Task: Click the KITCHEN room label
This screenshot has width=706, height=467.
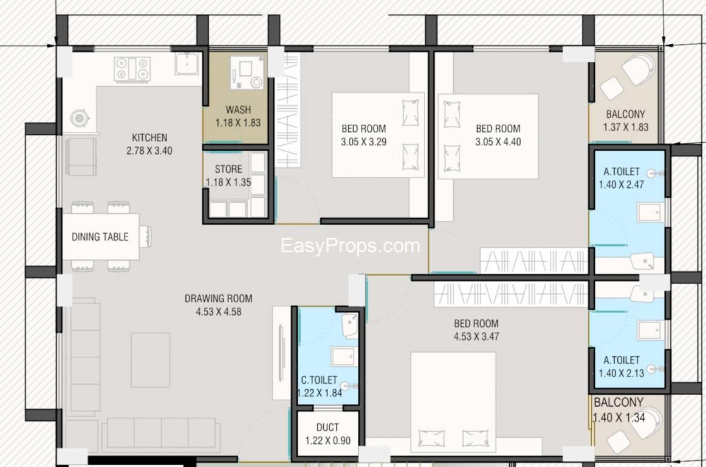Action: point(149,137)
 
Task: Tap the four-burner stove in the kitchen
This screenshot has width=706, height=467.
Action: point(132,69)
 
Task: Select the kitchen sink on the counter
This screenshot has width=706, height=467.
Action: point(187,64)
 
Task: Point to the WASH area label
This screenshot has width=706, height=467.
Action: point(238,109)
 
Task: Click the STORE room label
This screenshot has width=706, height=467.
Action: point(228,169)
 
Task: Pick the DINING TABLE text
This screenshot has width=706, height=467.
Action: point(100,237)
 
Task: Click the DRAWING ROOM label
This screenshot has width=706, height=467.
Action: point(218,299)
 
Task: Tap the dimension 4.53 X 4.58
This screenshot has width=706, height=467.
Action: point(218,311)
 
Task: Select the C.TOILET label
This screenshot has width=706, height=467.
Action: point(319,380)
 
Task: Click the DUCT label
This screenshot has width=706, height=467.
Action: point(328,427)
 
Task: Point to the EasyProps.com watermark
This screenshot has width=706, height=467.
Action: point(351,246)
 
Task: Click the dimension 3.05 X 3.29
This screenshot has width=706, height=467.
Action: point(363,142)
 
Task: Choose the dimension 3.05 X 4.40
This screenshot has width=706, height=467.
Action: point(498,142)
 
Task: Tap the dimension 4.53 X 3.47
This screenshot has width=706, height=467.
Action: point(476,336)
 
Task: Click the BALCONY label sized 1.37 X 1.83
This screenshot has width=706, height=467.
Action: point(625,114)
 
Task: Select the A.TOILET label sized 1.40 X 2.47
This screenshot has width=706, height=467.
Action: point(622,171)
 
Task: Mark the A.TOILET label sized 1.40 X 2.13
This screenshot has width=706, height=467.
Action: point(622,360)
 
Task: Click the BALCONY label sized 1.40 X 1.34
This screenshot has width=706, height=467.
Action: point(619,403)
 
